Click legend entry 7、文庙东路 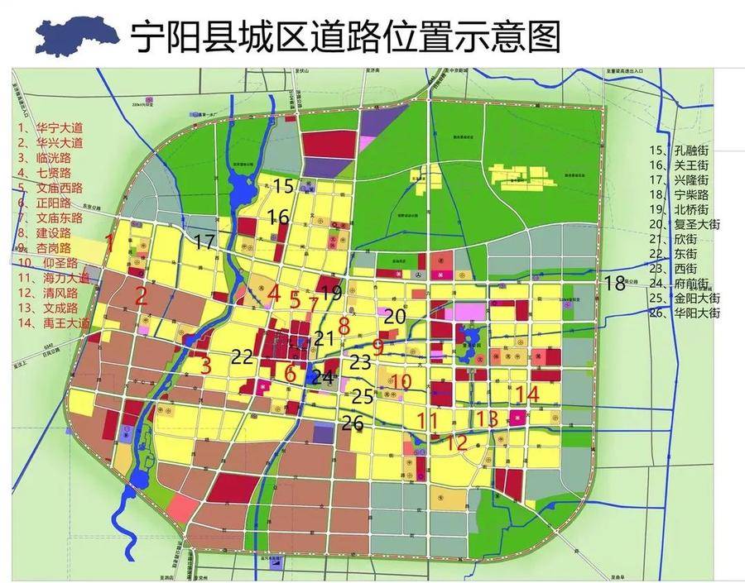coord(50,218)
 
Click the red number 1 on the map coord(109,243)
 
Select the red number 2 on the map coord(142,295)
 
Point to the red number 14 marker coord(526,394)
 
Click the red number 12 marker coord(457,442)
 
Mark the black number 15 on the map coord(283,186)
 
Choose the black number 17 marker coord(204,241)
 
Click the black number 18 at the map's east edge coord(614,283)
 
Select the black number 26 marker coord(353,423)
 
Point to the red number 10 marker coord(401,381)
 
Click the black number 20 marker coord(395,315)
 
